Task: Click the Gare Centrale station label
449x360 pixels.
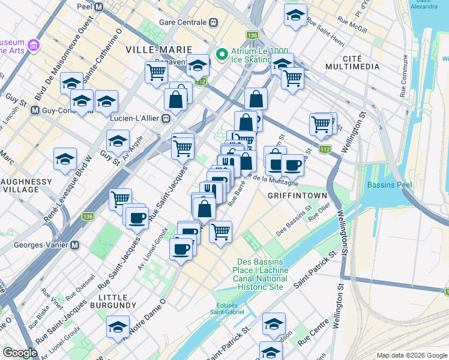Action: [x=182, y=22]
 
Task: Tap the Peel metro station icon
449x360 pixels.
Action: [x=99, y=7]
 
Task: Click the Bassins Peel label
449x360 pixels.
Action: [x=390, y=184]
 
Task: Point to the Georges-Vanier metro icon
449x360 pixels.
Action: [x=75, y=245]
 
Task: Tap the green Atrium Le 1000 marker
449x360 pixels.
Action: [x=221, y=55]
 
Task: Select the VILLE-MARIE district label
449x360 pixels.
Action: [x=159, y=49]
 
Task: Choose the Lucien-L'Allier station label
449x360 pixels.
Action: [x=135, y=118]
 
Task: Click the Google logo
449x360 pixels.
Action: [x=20, y=353]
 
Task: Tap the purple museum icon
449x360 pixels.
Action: [x=32, y=46]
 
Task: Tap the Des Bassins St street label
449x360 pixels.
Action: [x=293, y=222]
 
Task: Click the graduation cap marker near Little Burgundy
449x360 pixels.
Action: [x=118, y=328]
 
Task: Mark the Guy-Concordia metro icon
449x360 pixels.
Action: [x=35, y=110]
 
